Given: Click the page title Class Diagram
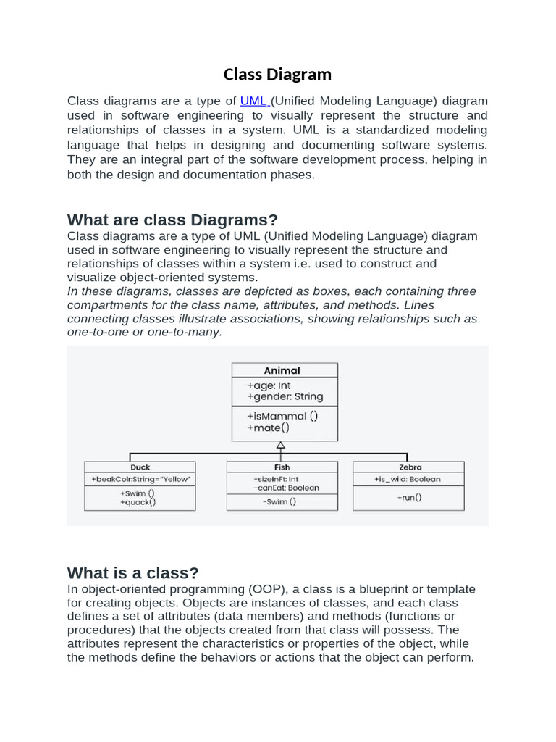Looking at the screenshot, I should tap(277, 74).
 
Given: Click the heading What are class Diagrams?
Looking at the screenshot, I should tap(172, 220).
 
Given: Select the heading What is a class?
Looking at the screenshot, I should tap(132, 573).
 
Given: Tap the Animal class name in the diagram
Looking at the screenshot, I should tap(282, 370).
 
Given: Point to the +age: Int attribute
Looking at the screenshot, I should tap(269, 385).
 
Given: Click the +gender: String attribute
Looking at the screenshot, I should tap(285, 396).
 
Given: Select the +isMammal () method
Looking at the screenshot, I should tap(282, 416).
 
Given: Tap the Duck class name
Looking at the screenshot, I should tap(140, 467).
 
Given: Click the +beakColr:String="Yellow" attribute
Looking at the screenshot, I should tap(139, 479).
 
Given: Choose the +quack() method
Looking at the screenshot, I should tap(138, 501).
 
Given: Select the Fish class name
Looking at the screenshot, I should tap(282, 467).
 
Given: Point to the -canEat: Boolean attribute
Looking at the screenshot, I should tap(286, 488).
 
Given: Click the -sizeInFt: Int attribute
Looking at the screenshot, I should tap(276, 479).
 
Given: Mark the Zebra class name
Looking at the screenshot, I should tap(409, 467).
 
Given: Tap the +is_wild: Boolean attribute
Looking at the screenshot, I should tap(407, 479).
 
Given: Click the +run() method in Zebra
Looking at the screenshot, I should tap(409, 498).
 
